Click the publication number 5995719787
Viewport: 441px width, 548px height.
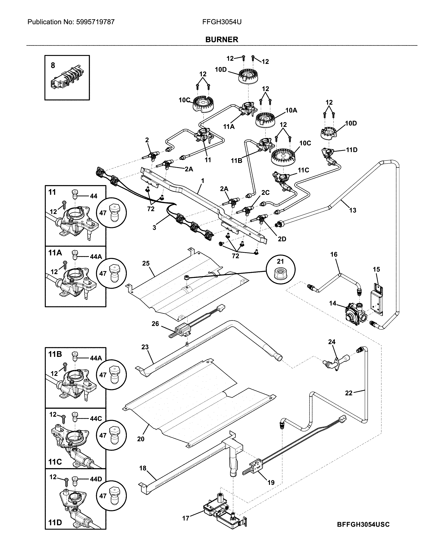tap(95, 22)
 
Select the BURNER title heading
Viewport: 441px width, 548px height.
tap(221, 40)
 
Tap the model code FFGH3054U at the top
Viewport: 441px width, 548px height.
tap(222, 22)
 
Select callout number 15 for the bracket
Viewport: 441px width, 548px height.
tap(376, 269)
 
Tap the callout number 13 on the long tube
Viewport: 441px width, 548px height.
tap(353, 210)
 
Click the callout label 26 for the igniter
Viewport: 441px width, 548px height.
tap(155, 324)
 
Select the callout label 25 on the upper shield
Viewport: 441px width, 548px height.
tap(146, 263)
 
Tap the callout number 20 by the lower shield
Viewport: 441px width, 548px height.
tap(141, 439)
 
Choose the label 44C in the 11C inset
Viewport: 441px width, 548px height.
tap(96, 419)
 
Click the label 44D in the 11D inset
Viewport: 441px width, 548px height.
tap(96, 479)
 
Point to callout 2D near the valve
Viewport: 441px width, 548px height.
tap(282, 239)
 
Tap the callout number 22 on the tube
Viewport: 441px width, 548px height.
tap(349, 393)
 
